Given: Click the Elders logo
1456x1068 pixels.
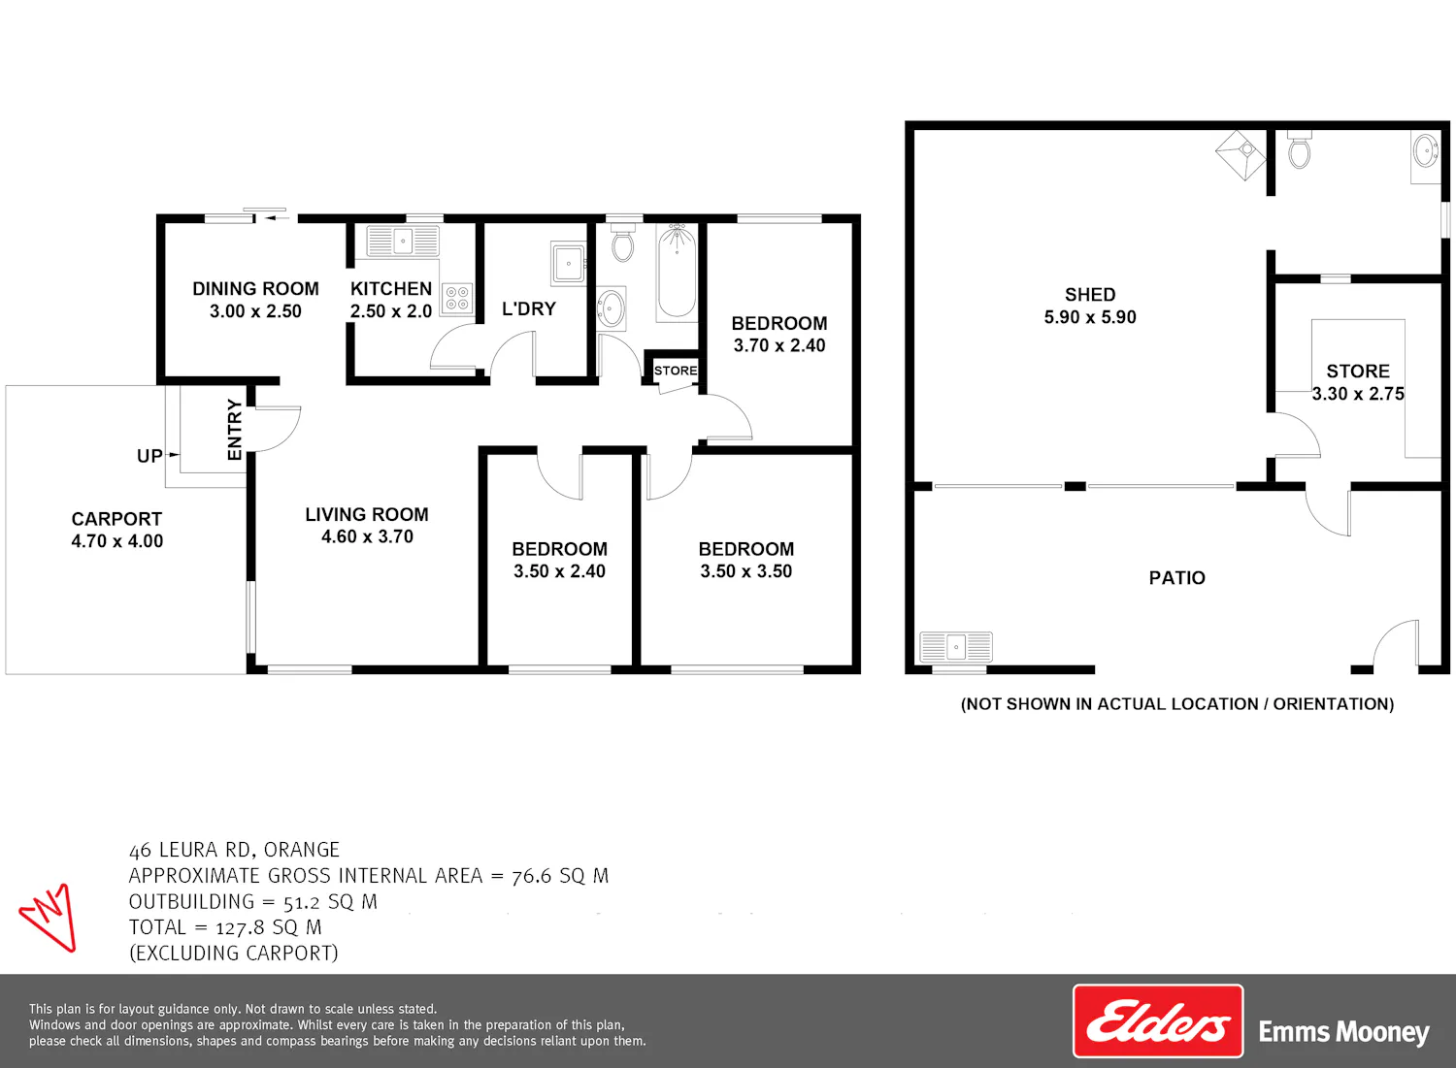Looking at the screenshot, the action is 1158,1021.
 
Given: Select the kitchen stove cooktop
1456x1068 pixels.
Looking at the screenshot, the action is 457,299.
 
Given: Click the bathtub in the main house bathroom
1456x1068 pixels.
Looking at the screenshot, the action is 677,273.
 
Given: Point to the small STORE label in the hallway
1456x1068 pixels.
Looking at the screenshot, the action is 676,371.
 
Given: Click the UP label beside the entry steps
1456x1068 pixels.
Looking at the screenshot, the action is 149,456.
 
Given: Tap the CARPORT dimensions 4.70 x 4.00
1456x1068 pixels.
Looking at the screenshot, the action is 117,540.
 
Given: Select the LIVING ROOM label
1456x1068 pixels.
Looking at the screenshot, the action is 367,514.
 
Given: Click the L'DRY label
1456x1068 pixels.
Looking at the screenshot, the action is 529,308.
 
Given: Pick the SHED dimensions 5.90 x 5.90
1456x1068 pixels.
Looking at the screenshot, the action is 1090,317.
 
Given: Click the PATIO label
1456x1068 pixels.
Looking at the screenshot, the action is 1177,577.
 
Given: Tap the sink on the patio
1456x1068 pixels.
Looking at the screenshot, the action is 956,647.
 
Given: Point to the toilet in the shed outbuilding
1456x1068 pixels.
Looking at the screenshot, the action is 1300,149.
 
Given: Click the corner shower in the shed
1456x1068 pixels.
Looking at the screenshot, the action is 1241,155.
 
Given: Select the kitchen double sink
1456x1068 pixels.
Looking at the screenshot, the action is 403,241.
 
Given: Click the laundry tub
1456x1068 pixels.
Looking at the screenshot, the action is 568,263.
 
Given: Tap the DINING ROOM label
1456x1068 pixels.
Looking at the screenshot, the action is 255,288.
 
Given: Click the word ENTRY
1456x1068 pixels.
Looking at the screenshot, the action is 235,430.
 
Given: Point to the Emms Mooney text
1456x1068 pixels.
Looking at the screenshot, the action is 1343,1031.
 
